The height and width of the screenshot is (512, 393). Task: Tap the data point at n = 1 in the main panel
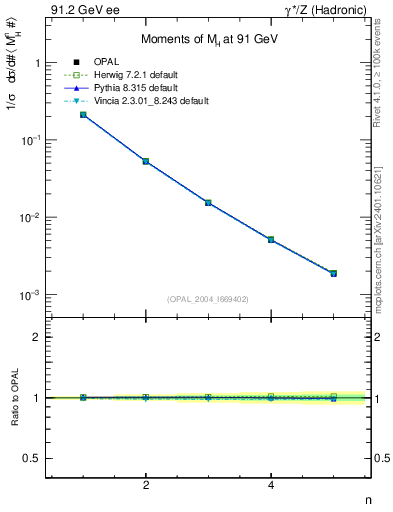click(83, 115)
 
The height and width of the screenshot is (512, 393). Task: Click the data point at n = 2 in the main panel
click(146, 161)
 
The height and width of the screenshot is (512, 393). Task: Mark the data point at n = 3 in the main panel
click(208, 202)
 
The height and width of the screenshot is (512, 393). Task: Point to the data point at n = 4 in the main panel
click(271, 239)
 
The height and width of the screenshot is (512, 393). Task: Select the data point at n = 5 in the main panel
click(334, 273)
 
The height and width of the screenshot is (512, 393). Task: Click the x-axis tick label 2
click(146, 486)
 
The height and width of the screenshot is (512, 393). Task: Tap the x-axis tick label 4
click(271, 486)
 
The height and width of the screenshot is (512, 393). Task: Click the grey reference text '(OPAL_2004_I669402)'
click(208, 298)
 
